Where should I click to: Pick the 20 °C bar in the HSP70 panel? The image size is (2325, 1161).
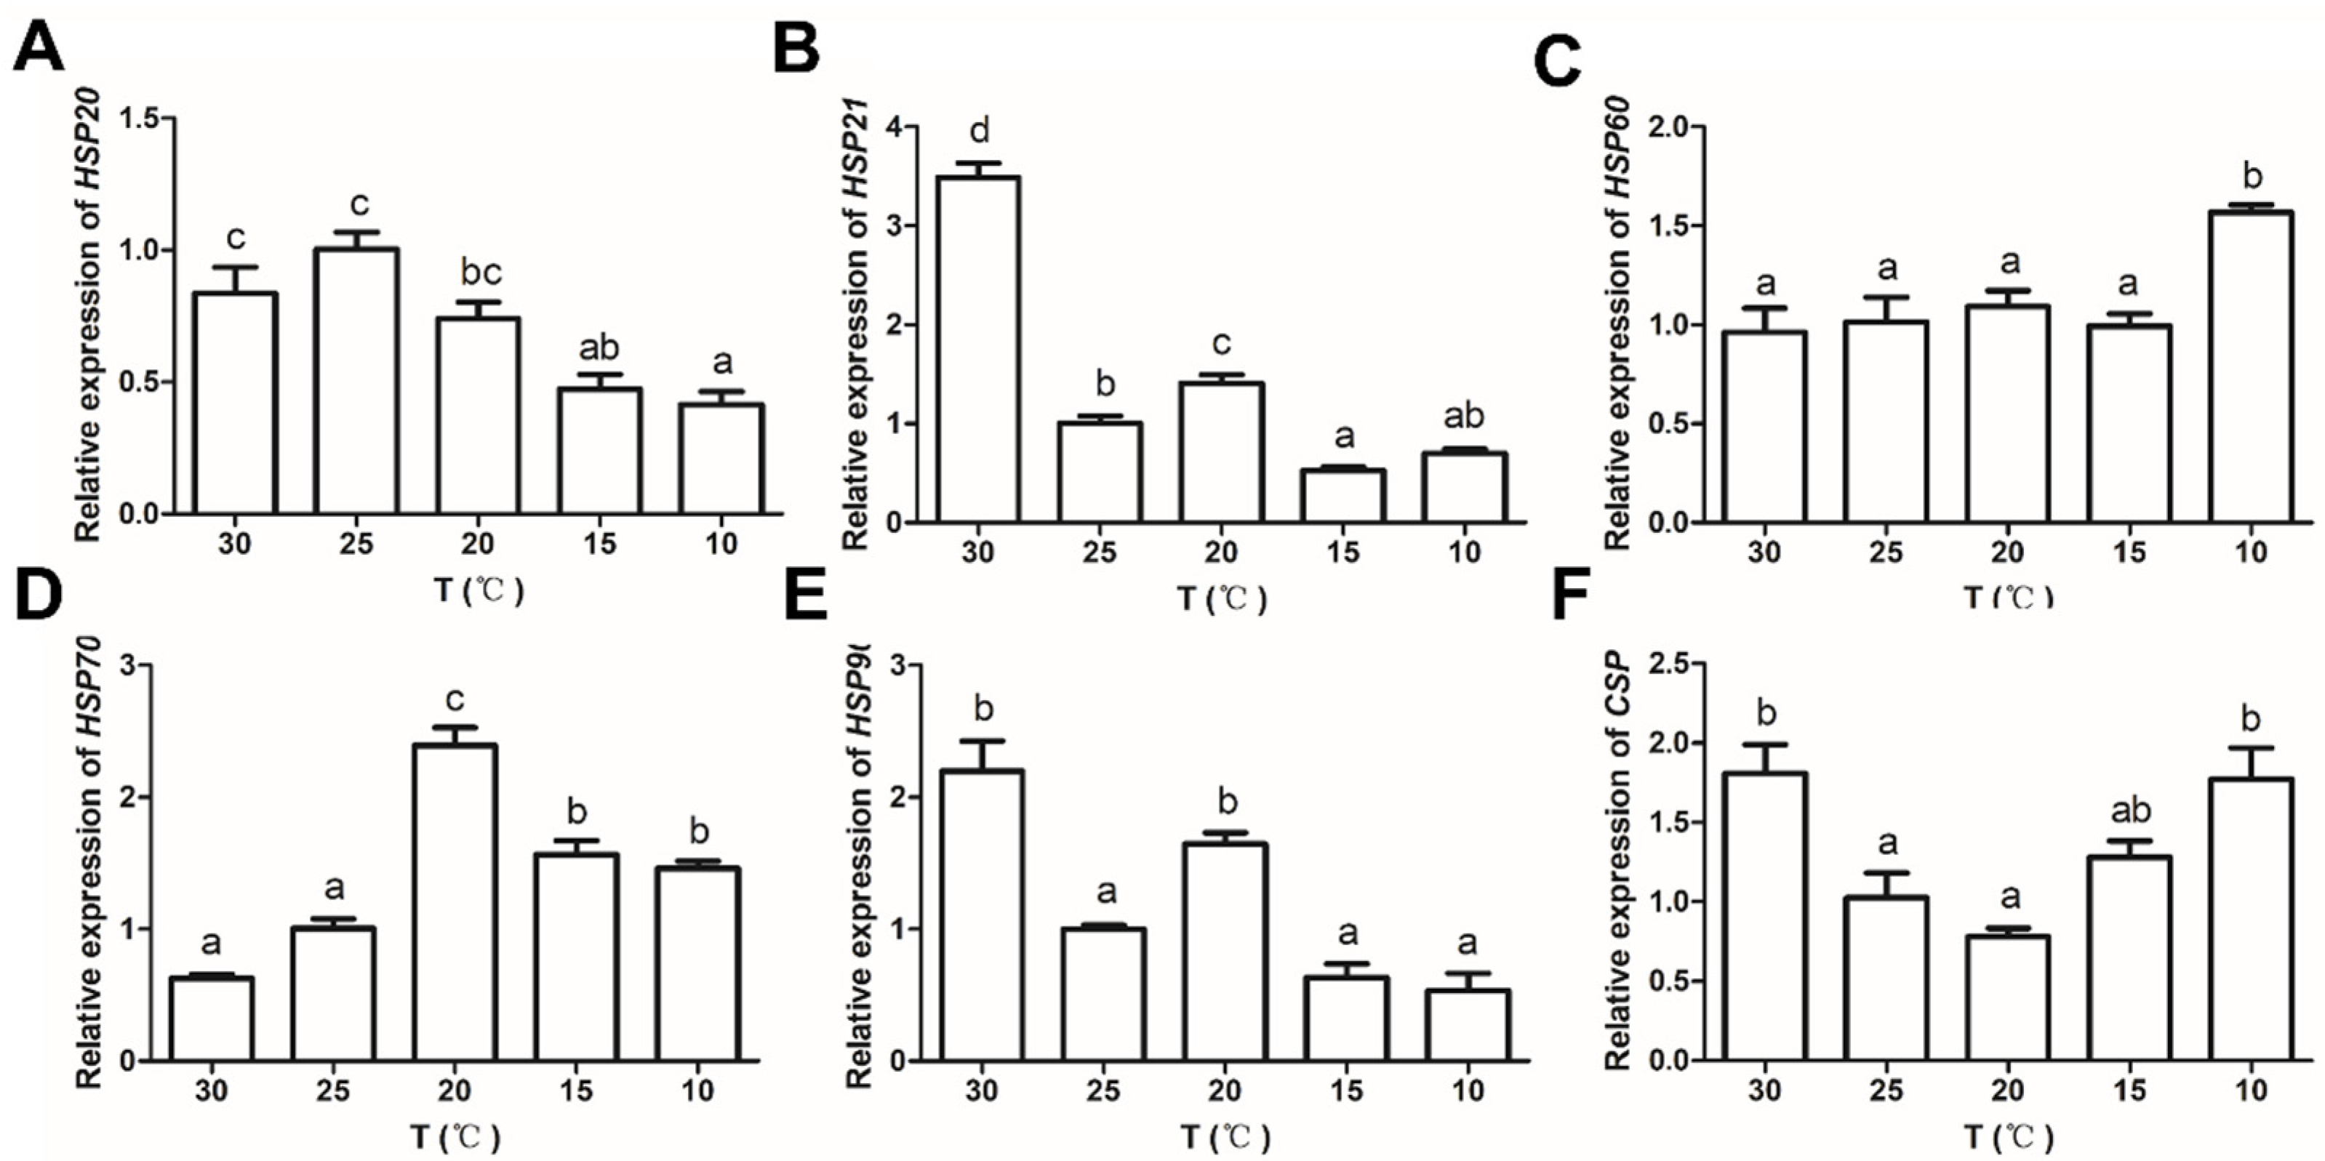pyautogui.click(x=454, y=901)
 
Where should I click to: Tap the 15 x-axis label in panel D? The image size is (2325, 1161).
pyautogui.click(x=576, y=1090)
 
